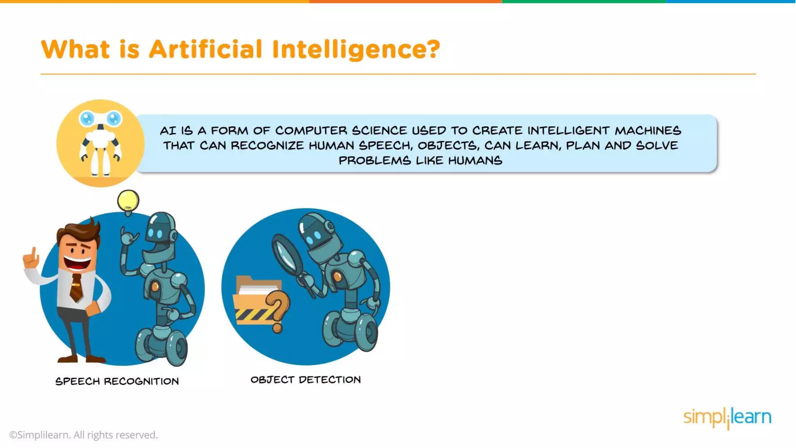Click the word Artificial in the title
(206, 49)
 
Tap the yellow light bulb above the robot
(128, 201)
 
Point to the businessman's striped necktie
(77, 287)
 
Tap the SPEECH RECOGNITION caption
(117, 381)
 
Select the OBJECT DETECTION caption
(305, 380)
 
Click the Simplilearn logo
(727, 417)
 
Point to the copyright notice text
(84, 435)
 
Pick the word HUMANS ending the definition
(475, 160)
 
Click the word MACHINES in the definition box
(648, 130)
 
